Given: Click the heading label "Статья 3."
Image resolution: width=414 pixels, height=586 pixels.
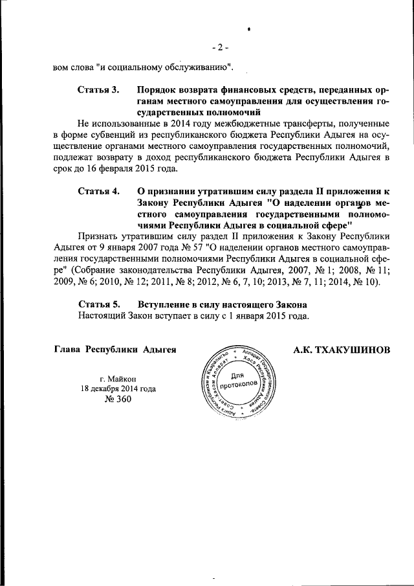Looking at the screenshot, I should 98,89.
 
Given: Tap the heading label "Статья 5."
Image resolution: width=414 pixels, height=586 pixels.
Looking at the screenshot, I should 98,304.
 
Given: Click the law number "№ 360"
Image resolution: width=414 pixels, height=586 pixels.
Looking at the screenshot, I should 117,399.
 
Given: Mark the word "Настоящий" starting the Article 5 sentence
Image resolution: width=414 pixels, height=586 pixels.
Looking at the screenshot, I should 100,315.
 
